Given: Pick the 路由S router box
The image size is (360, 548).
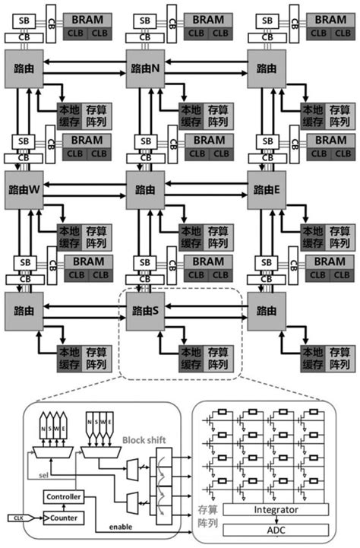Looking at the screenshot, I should (x=145, y=311).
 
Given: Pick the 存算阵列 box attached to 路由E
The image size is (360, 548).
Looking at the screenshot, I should (x=339, y=237).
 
